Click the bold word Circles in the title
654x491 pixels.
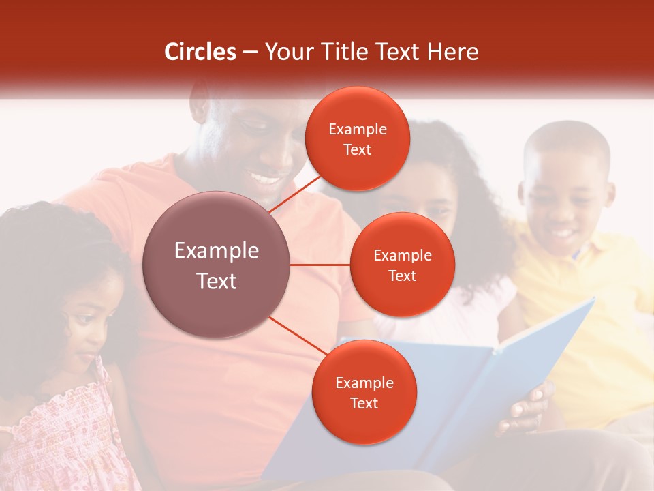click(200, 52)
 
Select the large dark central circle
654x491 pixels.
click(217, 265)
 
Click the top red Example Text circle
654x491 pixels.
click(358, 138)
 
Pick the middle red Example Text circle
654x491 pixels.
click(402, 265)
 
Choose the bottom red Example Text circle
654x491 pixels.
click(364, 392)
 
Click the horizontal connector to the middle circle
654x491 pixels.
click(320, 265)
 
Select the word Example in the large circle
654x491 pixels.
click(217, 251)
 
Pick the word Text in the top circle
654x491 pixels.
click(358, 150)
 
